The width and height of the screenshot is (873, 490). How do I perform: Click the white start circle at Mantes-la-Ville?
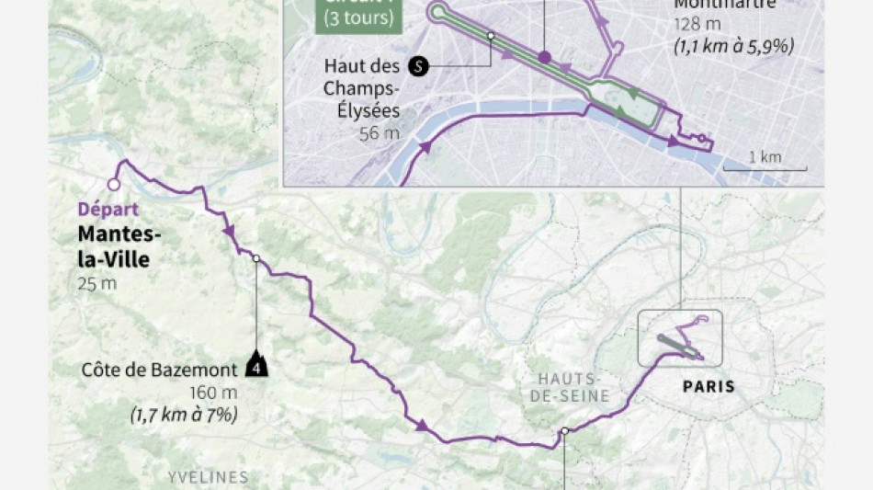coord(113,185)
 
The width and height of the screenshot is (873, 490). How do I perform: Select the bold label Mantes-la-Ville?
coord(113,246)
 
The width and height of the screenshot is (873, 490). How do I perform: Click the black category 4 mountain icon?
coord(257,368)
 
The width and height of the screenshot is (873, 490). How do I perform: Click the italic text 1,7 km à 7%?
coord(185,416)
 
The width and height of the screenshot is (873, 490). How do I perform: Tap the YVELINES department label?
coord(209,476)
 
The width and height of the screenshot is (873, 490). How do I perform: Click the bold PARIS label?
coord(709,386)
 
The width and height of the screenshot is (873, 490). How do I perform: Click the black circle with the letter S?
coord(418,66)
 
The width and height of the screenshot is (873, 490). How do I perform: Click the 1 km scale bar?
coord(765,168)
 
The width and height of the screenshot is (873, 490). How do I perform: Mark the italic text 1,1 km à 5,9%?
coord(731,46)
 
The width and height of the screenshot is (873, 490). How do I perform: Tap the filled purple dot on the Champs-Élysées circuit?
coord(544,57)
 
